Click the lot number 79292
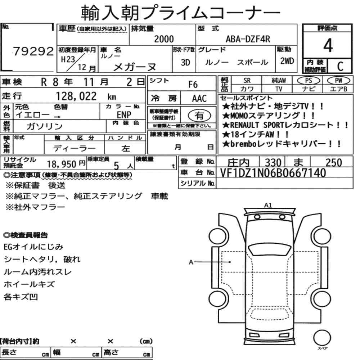pyautogui.click(x=33, y=51)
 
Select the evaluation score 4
pyautogui.click(x=328, y=45)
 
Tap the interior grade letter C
pyautogui.click(x=340, y=66)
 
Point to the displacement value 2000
pyautogui.click(x=164, y=39)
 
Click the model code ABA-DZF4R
pyautogui.click(x=248, y=39)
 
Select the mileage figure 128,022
pyautogui.click(x=76, y=96)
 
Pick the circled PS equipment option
pyautogui.click(x=309, y=81)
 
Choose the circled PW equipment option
pyautogui.click(x=338, y=81)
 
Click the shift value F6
pyautogui.click(x=193, y=85)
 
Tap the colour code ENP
pyautogui.click(x=124, y=114)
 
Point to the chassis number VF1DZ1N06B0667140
pyautogui.click(x=273, y=173)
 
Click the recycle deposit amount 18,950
pyautogui.click(x=62, y=164)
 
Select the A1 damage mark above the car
pyautogui.click(x=268, y=205)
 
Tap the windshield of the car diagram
pyautogui.click(x=270, y=249)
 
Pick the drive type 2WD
pyautogui.click(x=287, y=61)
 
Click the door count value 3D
pyautogui.click(x=185, y=62)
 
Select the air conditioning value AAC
pyautogui.click(x=199, y=99)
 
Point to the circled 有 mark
pyautogui.click(x=199, y=116)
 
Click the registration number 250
pyautogui.click(x=334, y=163)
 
